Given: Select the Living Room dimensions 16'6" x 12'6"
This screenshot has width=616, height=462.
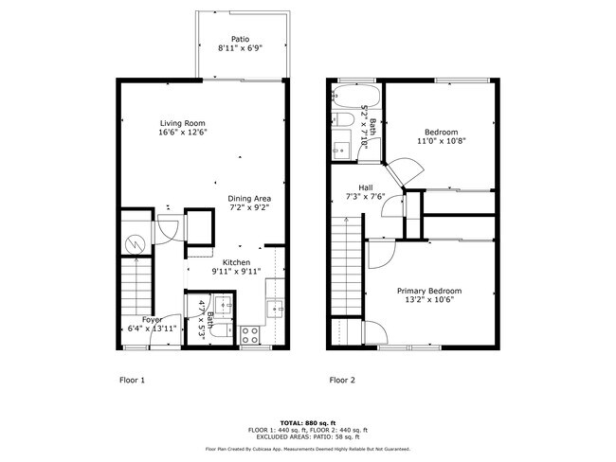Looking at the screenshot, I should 182,133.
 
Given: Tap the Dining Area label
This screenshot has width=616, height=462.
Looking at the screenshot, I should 249,198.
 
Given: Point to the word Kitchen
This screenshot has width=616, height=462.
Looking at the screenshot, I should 236,262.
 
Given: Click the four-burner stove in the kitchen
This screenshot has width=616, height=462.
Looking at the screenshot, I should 251,334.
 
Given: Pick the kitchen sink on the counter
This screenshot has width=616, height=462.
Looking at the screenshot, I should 275,306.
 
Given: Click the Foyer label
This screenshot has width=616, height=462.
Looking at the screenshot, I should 152,320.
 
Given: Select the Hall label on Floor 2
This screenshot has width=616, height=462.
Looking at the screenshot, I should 365,187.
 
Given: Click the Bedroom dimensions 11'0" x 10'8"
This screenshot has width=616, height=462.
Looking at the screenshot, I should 441,141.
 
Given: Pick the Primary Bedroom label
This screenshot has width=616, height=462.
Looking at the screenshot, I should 429,291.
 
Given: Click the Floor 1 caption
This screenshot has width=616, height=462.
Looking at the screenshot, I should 131,380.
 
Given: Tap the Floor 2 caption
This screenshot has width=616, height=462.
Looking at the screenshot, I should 342,380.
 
